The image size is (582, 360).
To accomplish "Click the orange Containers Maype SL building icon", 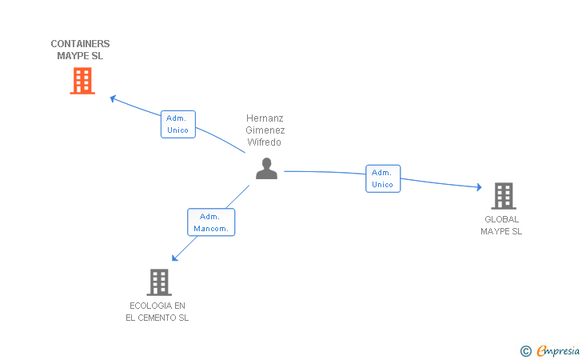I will tap(82, 81).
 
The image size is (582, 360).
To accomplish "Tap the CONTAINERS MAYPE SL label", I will tap(80, 50).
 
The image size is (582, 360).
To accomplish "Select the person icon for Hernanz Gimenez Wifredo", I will tap(266, 168).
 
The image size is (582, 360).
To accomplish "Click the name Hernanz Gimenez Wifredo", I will tap(265, 130).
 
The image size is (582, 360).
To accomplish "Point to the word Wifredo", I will tap(265, 142).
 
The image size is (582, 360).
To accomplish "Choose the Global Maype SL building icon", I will tap(503, 196).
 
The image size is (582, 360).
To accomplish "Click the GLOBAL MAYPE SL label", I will tap(501, 225).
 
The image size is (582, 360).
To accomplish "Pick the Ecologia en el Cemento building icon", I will tap(159, 282).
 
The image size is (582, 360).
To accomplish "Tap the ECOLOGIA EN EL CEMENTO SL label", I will tap(157, 311).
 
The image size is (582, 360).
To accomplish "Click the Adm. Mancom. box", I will tap(211, 222).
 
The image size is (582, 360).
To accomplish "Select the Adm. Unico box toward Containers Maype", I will tap(177, 124).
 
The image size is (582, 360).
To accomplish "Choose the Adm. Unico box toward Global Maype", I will tap(383, 178).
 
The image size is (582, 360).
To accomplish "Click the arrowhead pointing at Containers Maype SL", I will tap(113, 98).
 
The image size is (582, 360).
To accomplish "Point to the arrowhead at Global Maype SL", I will tap(479, 187).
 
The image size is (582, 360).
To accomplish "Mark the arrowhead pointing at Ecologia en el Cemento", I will tap(175, 258).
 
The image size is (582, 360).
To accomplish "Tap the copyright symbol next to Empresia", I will tap(525, 350).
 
